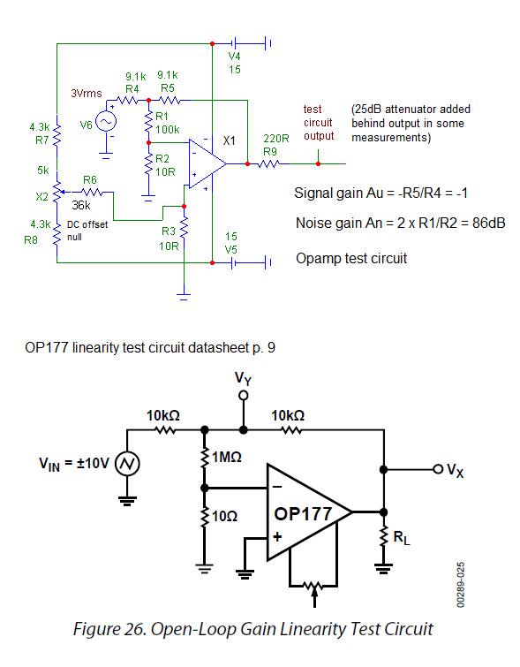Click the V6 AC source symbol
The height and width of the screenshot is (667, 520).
pyautogui.click(x=106, y=122)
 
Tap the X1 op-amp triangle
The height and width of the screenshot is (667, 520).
pyautogui.click(x=207, y=163)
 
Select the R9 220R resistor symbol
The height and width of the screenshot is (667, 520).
pyautogui.click(x=268, y=163)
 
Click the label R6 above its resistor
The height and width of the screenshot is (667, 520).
pyautogui.click(x=90, y=180)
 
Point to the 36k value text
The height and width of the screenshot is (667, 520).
pyautogui.click(x=81, y=206)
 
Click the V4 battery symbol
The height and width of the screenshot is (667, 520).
pyautogui.click(x=233, y=43)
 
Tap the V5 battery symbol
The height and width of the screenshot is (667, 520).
pyautogui.click(x=233, y=263)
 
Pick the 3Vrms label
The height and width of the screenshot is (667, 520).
pyautogui.click(x=87, y=93)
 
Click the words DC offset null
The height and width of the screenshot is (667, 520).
pyautogui.click(x=87, y=231)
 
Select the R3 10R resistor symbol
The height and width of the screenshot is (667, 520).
pyautogui.click(x=184, y=229)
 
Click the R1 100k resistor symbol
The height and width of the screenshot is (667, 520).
pyautogui.click(x=148, y=122)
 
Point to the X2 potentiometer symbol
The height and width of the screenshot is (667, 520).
pyautogui.click(x=57, y=192)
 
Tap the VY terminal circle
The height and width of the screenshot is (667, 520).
pyautogui.click(x=243, y=396)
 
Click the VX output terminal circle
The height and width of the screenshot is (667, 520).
pyautogui.click(x=438, y=469)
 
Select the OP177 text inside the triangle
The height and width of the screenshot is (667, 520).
pyautogui.click(x=303, y=514)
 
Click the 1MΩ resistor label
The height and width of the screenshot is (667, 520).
pyautogui.click(x=227, y=458)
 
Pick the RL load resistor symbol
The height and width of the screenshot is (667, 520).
pyautogui.click(x=383, y=537)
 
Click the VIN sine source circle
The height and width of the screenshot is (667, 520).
pyautogui.click(x=127, y=464)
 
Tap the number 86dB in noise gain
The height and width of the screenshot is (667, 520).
pyautogui.click(x=488, y=223)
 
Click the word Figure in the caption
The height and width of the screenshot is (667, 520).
pyautogui.click(x=96, y=629)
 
